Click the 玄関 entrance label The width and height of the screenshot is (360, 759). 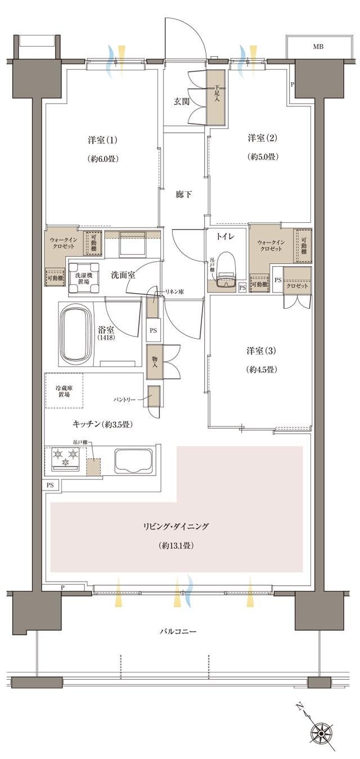181,102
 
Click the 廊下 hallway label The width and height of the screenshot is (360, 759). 183,195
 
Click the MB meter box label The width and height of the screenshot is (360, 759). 318,47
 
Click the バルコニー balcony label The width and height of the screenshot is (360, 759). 177,631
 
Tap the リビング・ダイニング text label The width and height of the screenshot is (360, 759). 176,527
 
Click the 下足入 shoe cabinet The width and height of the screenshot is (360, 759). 217,96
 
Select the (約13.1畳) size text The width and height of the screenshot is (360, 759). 177,545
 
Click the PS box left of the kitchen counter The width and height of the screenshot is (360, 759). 50,485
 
